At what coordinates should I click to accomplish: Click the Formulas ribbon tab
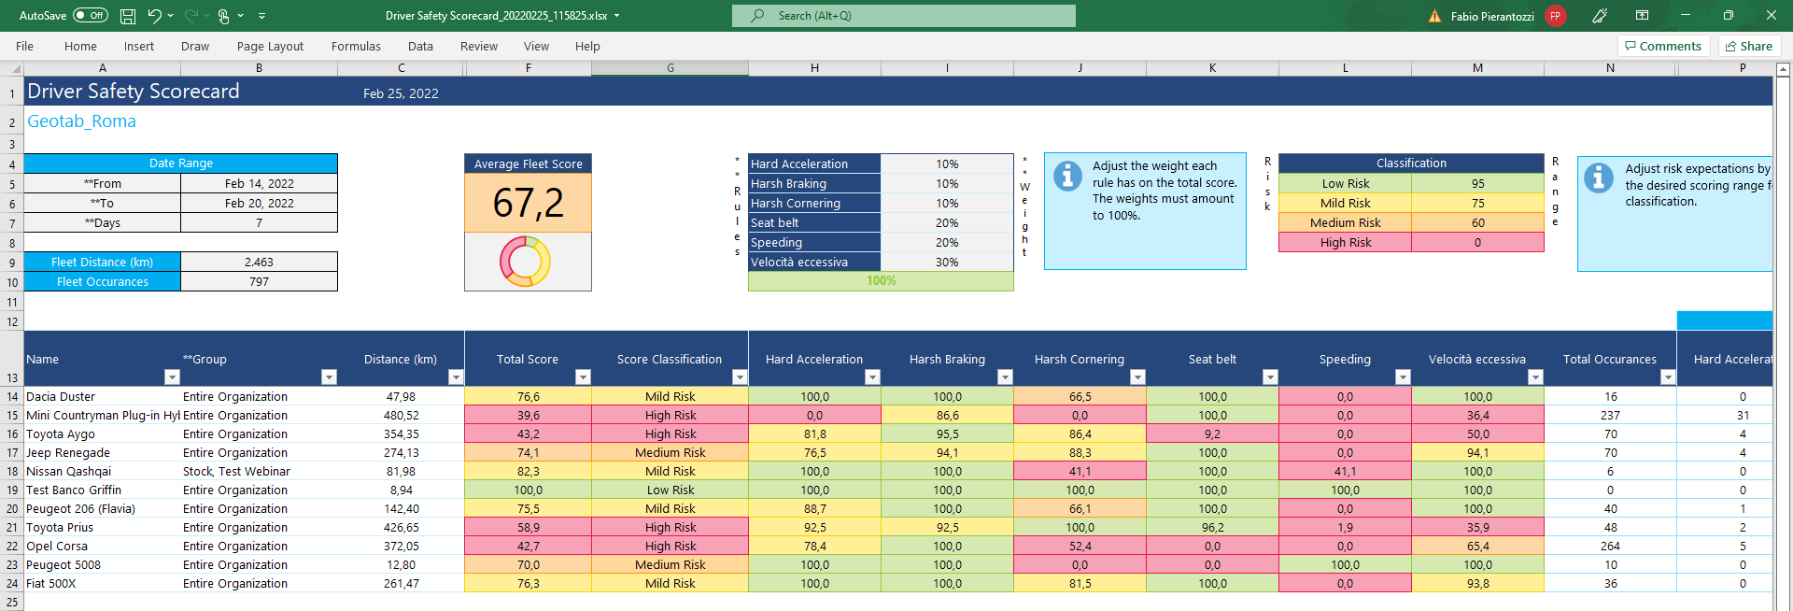point(356,46)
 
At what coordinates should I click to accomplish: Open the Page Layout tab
point(270,46)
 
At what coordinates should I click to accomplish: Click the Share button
point(1749,46)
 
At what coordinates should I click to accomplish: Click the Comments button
point(1663,46)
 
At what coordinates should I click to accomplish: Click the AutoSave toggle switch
point(91,15)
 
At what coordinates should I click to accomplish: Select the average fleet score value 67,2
point(528,203)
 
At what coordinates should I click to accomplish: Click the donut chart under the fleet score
point(525,261)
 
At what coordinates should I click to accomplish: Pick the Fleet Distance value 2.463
point(259,263)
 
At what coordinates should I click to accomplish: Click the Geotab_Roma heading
point(81,121)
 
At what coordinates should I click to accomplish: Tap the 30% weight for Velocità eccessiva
point(946,263)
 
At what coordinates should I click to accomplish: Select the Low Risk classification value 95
point(1477,184)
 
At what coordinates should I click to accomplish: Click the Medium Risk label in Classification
point(1345,223)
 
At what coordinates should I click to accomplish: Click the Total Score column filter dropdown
point(583,377)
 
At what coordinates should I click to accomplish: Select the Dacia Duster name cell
point(61,397)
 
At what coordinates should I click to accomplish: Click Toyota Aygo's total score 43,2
point(528,434)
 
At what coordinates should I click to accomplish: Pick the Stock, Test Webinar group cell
point(236,472)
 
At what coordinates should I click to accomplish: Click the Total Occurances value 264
point(1610,547)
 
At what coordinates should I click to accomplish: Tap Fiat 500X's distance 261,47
point(402,584)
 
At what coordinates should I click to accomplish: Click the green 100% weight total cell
point(881,281)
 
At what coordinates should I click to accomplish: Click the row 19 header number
point(12,490)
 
